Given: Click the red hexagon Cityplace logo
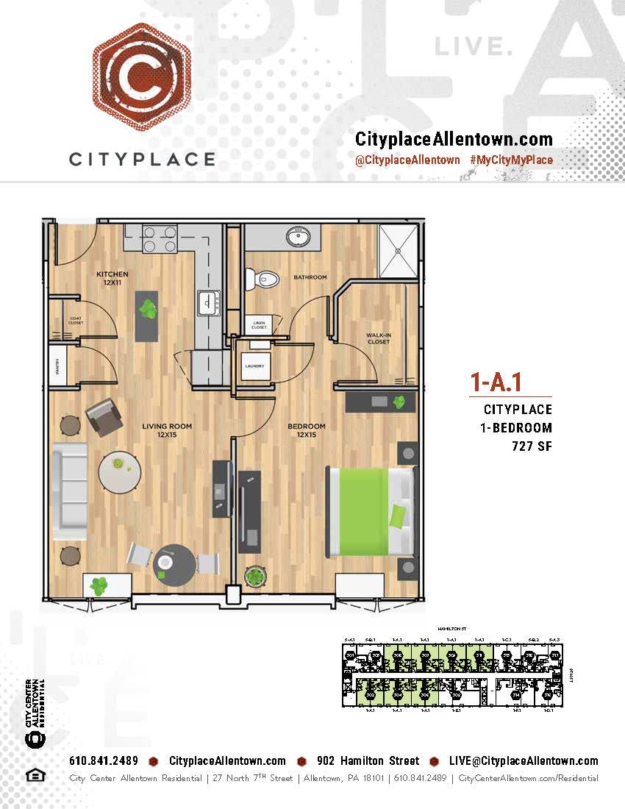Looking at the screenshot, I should click(x=141, y=76).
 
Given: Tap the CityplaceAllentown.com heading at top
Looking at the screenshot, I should click(x=454, y=139).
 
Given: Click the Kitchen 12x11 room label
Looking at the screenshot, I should click(x=113, y=278).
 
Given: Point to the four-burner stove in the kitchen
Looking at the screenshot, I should click(x=160, y=238).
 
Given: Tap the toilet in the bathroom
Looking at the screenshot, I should click(x=262, y=279).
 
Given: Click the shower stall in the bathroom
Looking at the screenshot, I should click(x=397, y=250).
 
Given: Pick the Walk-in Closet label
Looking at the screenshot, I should click(x=379, y=338).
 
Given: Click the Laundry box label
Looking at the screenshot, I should click(x=254, y=366).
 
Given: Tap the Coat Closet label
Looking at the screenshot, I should click(x=76, y=321).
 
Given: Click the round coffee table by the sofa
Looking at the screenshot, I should click(x=119, y=472).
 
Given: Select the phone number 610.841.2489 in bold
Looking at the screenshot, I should click(x=104, y=761).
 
